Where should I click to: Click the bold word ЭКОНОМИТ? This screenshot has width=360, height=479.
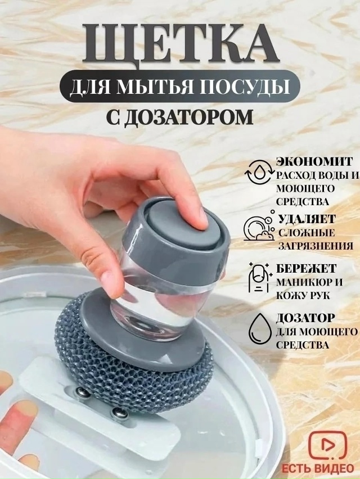(x=314, y=161)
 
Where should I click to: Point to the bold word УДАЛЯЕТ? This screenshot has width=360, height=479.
(x=307, y=219)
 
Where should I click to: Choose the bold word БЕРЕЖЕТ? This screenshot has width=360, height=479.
(x=306, y=268)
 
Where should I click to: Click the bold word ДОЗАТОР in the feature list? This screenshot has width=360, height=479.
(x=305, y=318)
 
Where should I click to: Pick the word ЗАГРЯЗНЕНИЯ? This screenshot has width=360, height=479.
(x=316, y=246)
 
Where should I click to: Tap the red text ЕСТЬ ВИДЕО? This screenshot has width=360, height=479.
(x=317, y=468)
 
